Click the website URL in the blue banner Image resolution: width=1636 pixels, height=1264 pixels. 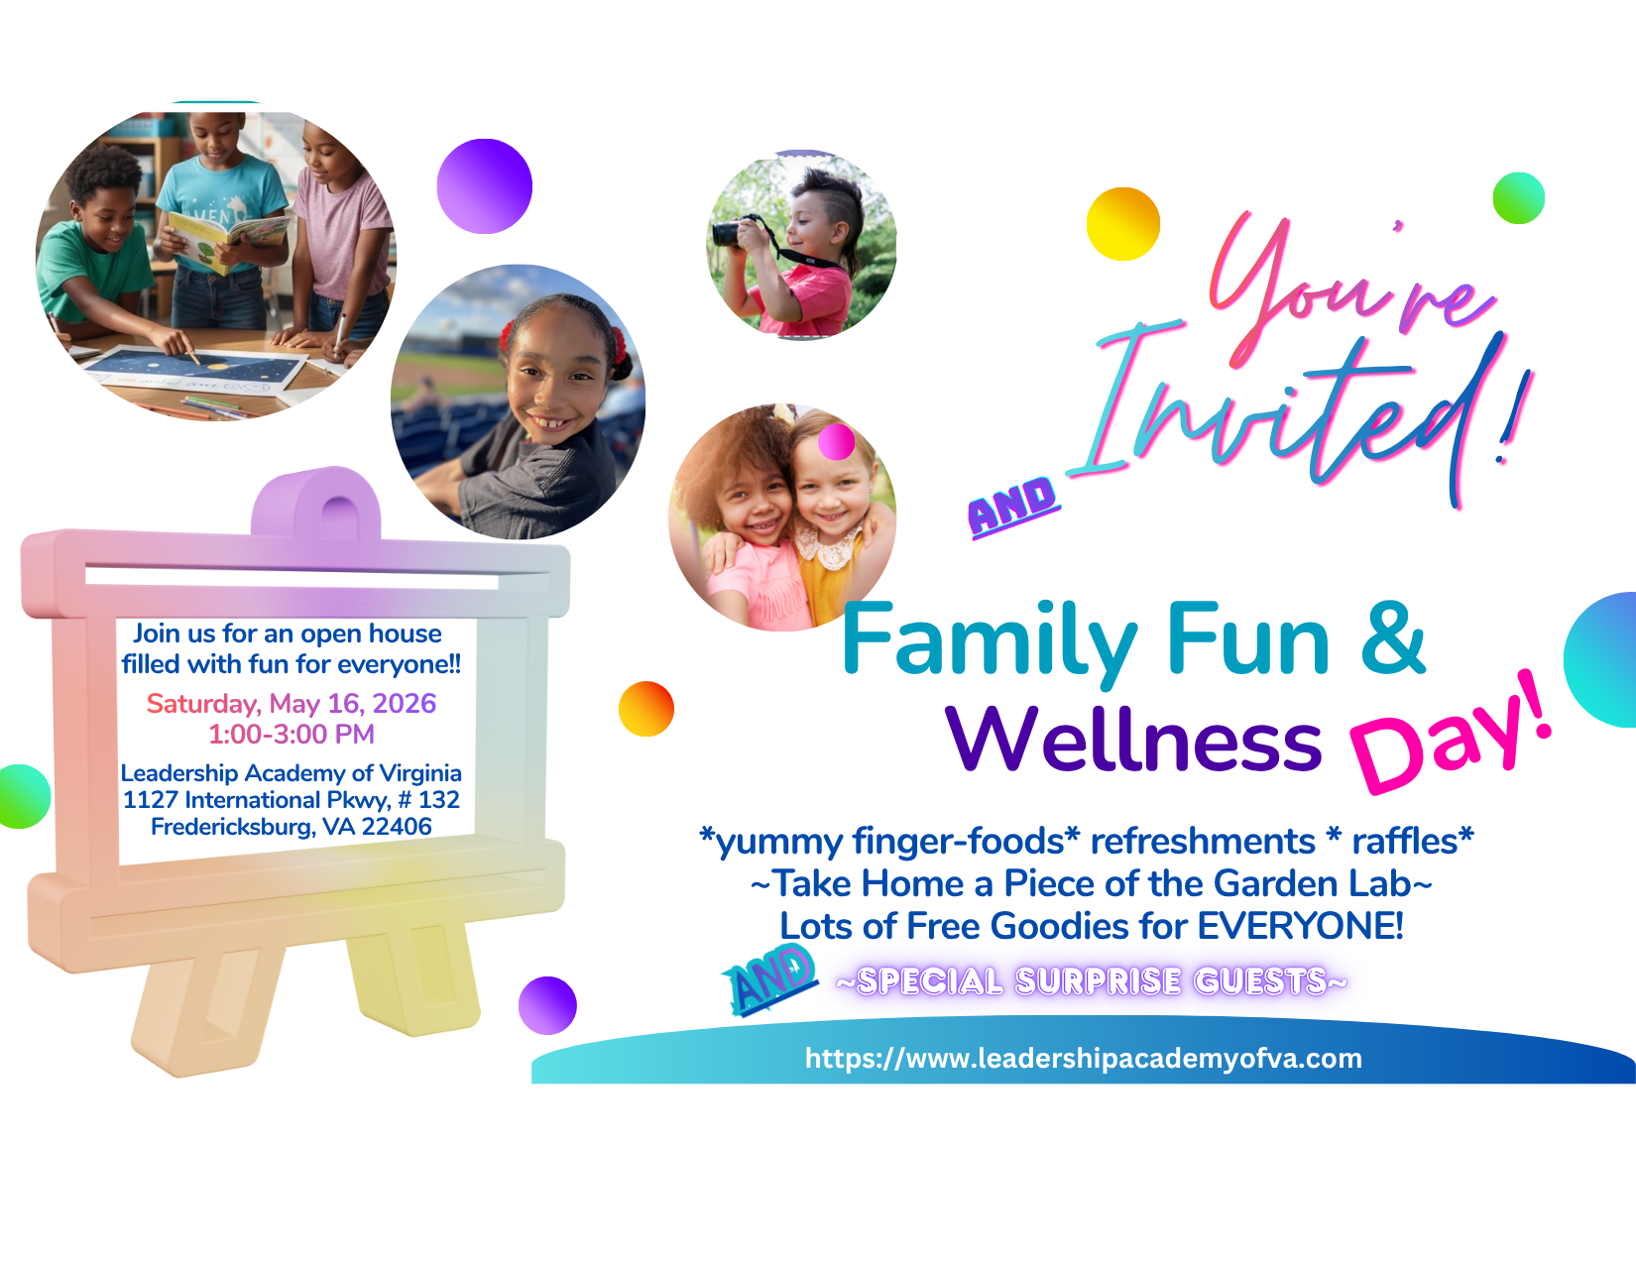coord(1083,1058)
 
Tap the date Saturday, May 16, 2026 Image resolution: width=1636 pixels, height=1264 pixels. coord(291,703)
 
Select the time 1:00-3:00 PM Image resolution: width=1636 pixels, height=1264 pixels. coord(291,734)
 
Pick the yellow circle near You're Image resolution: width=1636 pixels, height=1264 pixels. coord(1122,224)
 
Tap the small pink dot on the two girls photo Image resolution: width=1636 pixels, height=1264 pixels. coord(836,441)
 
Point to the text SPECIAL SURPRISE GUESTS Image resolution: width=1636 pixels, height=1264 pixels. coord(1091,981)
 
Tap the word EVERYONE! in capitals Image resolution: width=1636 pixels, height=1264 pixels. coord(1300,926)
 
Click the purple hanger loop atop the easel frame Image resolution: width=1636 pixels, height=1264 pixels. coord(315,506)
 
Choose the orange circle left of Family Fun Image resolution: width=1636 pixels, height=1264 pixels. coord(645,709)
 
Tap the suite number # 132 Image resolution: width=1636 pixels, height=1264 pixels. coord(428,799)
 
